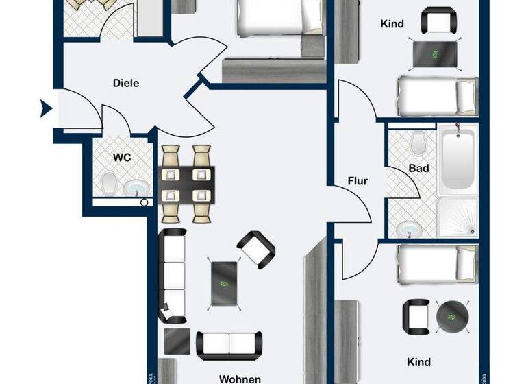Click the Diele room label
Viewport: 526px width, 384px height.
[125, 84]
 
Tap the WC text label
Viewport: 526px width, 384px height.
[121, 157]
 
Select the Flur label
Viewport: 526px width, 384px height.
[358, 182]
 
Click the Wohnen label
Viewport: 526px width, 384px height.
[239, 379]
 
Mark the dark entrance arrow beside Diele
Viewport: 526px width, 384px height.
[46, 108]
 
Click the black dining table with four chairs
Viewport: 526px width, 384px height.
[187, 184]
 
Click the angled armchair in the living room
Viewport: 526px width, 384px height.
[256, 250]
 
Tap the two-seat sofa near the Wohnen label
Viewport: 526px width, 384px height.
[229, 346]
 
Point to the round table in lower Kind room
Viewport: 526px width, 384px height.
[451, 315]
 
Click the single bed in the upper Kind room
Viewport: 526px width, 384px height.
[437, 96]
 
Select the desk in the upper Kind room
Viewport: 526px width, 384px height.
[434, 53]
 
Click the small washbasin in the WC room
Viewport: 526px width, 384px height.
[134, 187]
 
